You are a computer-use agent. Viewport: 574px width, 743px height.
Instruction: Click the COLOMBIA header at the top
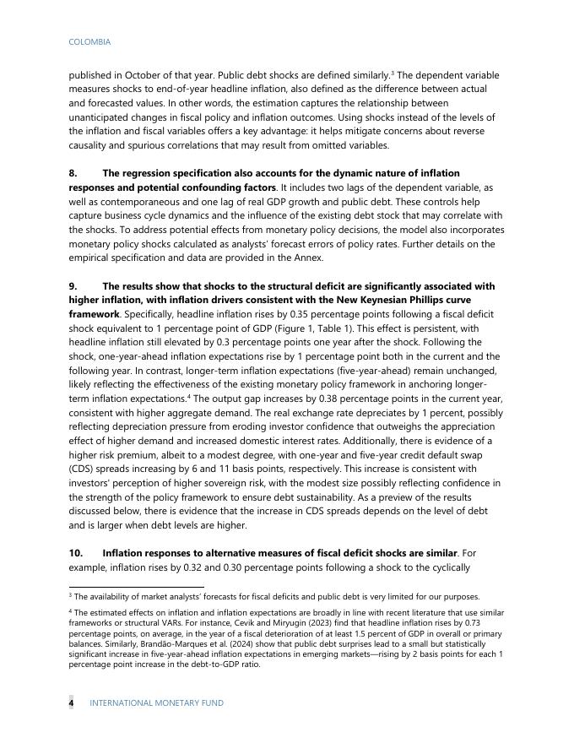[x=89, y=41]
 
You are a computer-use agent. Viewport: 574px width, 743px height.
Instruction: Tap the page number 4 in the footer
[x=71, y=702]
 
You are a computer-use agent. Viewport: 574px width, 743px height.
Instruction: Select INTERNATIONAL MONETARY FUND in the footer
[x=156, y=702]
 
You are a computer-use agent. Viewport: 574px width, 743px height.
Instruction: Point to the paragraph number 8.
[x=73, y=172]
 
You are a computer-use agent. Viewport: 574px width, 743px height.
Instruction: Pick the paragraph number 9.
[x=73, y=286]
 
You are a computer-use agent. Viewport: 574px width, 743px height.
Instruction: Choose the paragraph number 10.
[x=75, y=552]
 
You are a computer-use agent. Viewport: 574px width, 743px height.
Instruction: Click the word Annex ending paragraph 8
[x=309, y=258]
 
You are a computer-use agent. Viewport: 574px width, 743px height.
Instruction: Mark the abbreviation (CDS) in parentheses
[x=82, y=468]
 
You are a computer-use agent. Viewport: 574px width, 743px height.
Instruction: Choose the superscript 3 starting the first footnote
[x=70, y=594]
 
